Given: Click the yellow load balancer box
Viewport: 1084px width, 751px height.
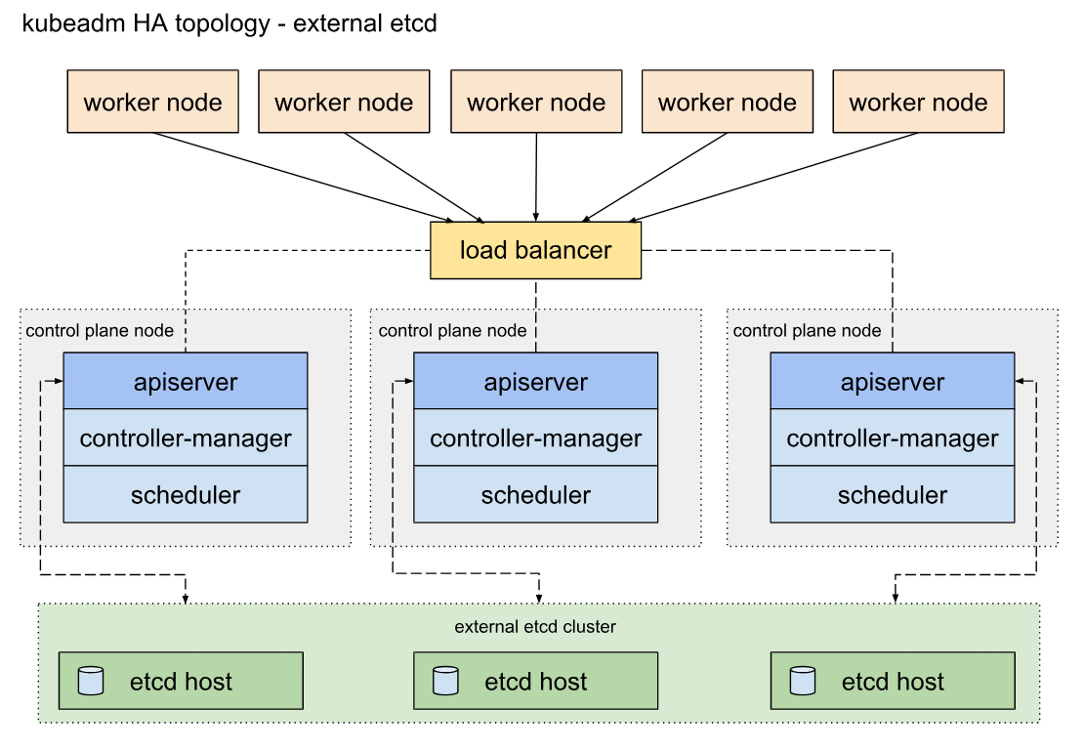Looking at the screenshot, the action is (x=536, y=250).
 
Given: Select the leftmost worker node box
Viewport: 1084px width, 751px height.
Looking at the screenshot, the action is (x=152, y=101).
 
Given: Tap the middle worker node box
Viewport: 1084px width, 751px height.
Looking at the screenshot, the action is (x=536, y=101).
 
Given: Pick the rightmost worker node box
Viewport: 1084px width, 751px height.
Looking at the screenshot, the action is (x=918, y=101).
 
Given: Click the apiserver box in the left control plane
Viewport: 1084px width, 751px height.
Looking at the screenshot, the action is (x=186, y=381).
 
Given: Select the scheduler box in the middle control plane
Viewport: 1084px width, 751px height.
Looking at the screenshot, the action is (x=536, y=494).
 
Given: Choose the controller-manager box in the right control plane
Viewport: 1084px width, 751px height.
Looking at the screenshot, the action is (x=893, y=438).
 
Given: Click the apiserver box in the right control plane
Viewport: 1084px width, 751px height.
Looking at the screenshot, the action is (x=893, y=381).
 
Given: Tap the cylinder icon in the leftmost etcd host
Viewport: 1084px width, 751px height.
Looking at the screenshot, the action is (x=91, y=681).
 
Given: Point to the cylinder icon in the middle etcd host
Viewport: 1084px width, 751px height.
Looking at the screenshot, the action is (x=445, y=681).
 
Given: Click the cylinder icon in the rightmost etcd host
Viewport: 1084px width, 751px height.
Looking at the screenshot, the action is (x=803, y=681).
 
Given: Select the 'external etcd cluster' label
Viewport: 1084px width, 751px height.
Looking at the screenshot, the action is (x=535, y=627).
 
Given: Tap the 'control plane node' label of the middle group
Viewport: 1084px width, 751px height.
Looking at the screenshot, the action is (x=453, y=330).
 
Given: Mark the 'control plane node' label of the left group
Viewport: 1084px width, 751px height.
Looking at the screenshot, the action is (x=100, y=330).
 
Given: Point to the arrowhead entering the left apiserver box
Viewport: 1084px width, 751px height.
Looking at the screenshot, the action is (x=59, y=381).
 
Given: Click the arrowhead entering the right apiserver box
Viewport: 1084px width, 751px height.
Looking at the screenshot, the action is (x=1020, y=381).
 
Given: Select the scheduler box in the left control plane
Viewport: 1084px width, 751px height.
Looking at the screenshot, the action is (x=186, y=494).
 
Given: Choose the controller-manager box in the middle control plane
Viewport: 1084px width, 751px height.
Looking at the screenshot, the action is (x=536, y=438).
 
